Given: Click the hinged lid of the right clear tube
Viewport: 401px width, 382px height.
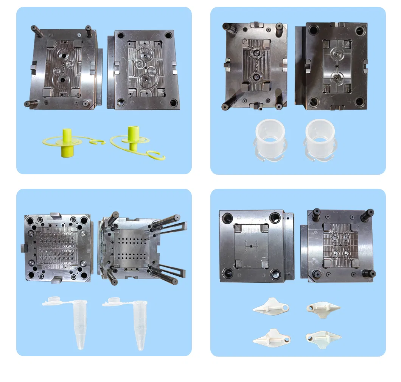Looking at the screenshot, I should pyautogui.click(x=112, y=300).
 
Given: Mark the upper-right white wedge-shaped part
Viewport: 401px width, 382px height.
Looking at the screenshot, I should pyautogui.click(x=323, y=307).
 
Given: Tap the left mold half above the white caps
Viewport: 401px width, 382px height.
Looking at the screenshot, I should pyautogui.click(x=255, y=66).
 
